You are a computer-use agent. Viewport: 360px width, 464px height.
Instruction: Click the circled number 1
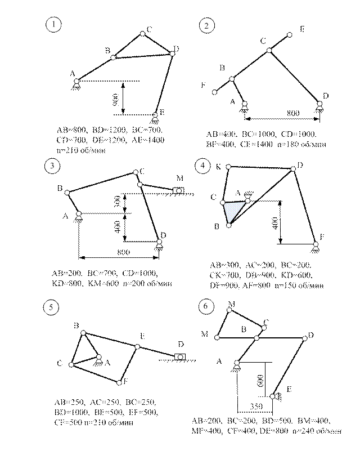click(x=54, y=25)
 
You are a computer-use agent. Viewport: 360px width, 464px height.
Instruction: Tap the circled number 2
click(x=207, y=26)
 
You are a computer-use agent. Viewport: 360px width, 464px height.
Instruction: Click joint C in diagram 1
click(x=143, y=34)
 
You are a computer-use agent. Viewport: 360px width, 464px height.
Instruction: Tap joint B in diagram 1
click(x=113, y=57)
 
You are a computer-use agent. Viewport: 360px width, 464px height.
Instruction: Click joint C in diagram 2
click(x=269, y=50)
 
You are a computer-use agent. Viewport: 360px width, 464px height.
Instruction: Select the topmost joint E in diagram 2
click(x=290, y=35)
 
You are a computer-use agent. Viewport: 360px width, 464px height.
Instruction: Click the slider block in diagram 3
click(x=179, y=191)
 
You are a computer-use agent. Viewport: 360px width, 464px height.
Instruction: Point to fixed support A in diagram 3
click(x=79, y=215)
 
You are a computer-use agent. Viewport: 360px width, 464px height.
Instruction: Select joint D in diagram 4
click(x=292, y=168)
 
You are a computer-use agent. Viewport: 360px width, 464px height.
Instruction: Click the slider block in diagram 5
click(x=179, y=356)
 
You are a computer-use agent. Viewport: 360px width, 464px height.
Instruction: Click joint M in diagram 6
click(x=217, y=336)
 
